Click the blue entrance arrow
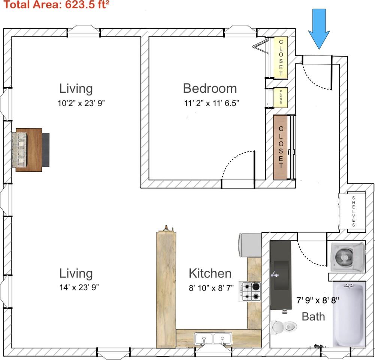click(x=319, y=29)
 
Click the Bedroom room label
click(x=210, y=88)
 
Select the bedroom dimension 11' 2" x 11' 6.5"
click(x=211, y=103)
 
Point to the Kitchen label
click(x=210, y=273)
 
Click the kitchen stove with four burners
click(x=250, y=291)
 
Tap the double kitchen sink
click(x=213, y=339)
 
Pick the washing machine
click(x=348, y=257)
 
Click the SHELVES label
click(x=354, y=211)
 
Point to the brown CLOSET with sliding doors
click(x=280, y=147)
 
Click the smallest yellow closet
click(x=280, y=97)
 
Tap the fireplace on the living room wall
click(x=31, y=150)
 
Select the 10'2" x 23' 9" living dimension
click(x=81, y=103)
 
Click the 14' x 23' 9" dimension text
click(x=79, y=287)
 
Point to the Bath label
click(x=313, y=316)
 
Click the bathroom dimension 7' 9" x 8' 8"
click(x=318, y=300)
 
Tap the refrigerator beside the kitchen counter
click(x=250, y=245)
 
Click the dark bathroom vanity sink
click(x=281, y=275)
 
